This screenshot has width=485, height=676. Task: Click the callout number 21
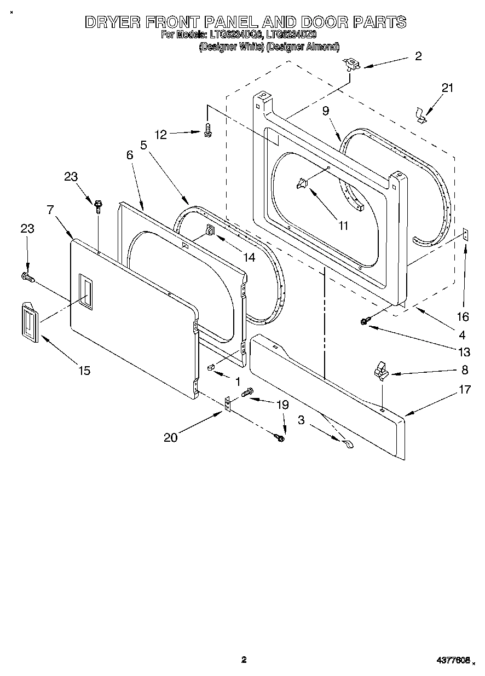tap(448, 88)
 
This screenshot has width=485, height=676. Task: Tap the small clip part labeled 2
tap(350, 65)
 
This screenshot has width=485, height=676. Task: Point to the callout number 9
tap(326, 111)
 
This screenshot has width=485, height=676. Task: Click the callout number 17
tap(464, 390)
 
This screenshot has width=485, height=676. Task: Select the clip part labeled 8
tap(380, 373)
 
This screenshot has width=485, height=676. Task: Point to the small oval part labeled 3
tap(347, 445)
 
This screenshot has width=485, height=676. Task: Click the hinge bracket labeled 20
tap(228, 406)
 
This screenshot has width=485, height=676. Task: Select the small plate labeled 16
tap(465, 235)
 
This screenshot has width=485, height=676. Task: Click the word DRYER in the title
tap(113, 22)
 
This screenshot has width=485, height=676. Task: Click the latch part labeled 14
tap(210, 232)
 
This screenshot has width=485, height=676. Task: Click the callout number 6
tap(130, 155)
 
